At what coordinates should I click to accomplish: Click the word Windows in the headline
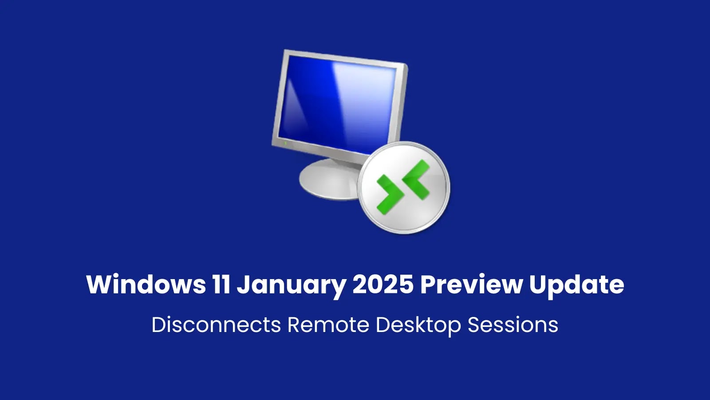[x=146, y=284]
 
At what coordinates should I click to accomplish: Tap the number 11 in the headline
[x=221, y=284]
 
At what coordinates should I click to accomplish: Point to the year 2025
[x=383, y=284]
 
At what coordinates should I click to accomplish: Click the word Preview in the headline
[x=471, y=284]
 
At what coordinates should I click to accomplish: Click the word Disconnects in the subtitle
[x=216, y=325]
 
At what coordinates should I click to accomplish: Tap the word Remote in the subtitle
[x=328, y=325]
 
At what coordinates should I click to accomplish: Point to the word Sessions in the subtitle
[x=513, y=325]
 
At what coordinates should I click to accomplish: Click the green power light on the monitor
[x=285, y=143]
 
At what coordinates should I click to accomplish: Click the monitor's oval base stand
[x=328, y=180]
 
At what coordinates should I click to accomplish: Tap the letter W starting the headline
[x=99, y=284]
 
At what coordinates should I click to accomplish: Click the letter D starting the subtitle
[x=159, y=325]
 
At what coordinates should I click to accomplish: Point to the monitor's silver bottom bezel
[x=319, y=147]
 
